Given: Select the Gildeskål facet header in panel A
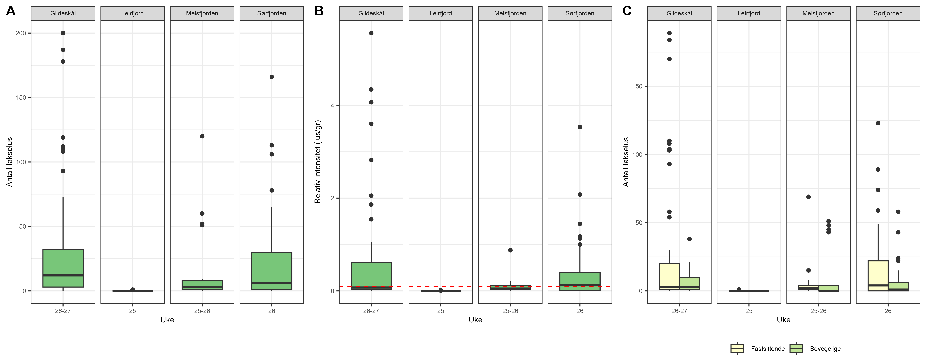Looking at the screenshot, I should click(63, 13).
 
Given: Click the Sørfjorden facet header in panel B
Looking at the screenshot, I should click(580, 13).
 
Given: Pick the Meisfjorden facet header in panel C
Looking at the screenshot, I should click(818, 13).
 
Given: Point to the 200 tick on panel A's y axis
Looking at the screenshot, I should click(21, 33).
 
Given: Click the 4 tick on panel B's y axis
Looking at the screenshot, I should click(333, 105).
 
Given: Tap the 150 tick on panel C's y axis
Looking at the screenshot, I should click(637, 86).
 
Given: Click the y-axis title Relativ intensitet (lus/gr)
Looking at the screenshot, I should click(317, 162).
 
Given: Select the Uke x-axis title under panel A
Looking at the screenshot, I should click(167, 320).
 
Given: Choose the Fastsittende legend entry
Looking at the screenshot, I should click(768, 348).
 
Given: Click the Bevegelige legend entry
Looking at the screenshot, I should click(825, 348).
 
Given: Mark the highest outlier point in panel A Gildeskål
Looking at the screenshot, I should click(63, 33).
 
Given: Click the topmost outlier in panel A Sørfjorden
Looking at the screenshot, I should click(272, 77).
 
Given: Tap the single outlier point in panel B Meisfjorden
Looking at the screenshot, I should click(510, 250).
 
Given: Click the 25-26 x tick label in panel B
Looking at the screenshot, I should click(510, 311).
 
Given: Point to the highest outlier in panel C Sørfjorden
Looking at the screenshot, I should click(878, 123).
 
